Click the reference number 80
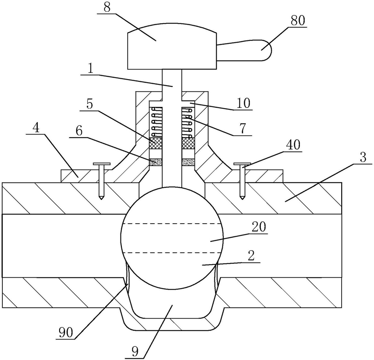pos(298,20)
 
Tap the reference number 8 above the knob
pos(107,8)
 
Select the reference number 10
pos(244,103)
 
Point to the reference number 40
pos(293,145)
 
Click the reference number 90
pos(66,333)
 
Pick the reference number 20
pos(259,227)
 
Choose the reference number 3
pos(363,158)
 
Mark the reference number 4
pos(36,128)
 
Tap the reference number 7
pos(243,129)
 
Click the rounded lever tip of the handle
pos(265,50)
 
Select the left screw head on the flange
pos(102,164)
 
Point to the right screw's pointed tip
pos(242,200)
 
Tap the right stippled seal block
pos(188,162)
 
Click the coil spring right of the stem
pos(188,123)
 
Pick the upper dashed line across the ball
pos(171,224)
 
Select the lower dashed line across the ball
pos(172,252)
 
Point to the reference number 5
pos(90,105)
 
